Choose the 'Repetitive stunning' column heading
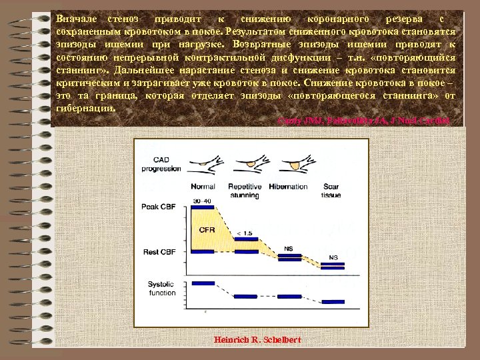(x=244, y=191)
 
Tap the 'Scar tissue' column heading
(x=331, y=191)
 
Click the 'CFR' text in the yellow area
(x=207, y=230)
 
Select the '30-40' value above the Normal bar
(x=201, y=200)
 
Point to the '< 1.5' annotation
(x=245, y=233)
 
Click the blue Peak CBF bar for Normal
(x=203, y=207)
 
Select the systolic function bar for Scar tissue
(x=331, y=301)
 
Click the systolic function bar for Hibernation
(x=288, y=296)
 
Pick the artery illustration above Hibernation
(x=288, y=163)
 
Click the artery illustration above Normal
(x=203, y=162)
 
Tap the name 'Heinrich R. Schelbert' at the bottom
(x=257, y=340)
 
